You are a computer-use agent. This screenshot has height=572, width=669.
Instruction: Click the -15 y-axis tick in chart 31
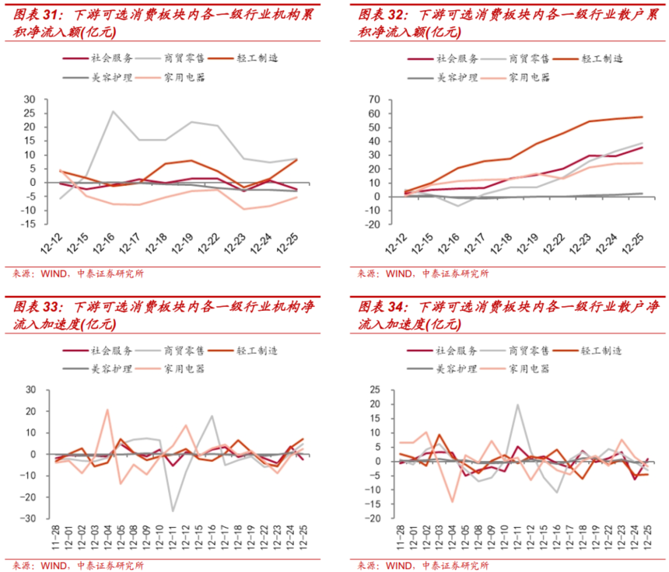[30, 225]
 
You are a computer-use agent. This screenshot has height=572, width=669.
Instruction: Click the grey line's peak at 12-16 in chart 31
[113, 111]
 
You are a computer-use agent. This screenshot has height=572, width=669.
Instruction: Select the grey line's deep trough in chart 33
[172, 511]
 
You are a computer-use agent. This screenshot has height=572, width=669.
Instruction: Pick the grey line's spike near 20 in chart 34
[517, 404]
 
